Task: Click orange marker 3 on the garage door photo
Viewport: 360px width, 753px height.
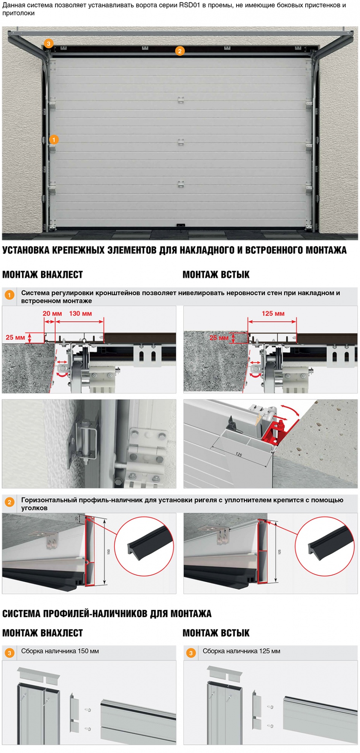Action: point(48,44)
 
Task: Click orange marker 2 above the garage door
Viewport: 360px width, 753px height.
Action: point(180,51)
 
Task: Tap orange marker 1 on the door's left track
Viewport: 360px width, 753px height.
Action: point(54,140)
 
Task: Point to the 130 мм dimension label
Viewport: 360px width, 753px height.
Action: point(80,314)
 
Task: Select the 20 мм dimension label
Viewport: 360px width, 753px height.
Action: point(52,314)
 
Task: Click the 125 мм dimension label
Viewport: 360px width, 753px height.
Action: point(273,314)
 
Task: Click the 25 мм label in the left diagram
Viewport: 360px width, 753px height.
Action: point(15,337)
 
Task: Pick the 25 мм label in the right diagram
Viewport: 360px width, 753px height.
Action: point(219,338)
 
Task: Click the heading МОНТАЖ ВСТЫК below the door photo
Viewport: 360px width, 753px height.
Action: point(216,275)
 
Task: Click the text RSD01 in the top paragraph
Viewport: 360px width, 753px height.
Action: point(189,5)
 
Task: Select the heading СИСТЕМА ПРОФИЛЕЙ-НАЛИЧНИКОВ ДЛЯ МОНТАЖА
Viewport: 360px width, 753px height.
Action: point(107,614)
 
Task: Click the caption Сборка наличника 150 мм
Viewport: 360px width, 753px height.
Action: point(60,651)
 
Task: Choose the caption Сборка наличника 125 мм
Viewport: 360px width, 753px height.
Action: point(241,651)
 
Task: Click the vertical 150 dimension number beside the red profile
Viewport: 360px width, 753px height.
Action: point(109,551)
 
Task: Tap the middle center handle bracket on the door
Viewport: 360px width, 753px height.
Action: point(181,142)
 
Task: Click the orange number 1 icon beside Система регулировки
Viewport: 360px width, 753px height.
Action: point(10,295)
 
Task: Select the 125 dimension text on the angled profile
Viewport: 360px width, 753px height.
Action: point(239,454)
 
